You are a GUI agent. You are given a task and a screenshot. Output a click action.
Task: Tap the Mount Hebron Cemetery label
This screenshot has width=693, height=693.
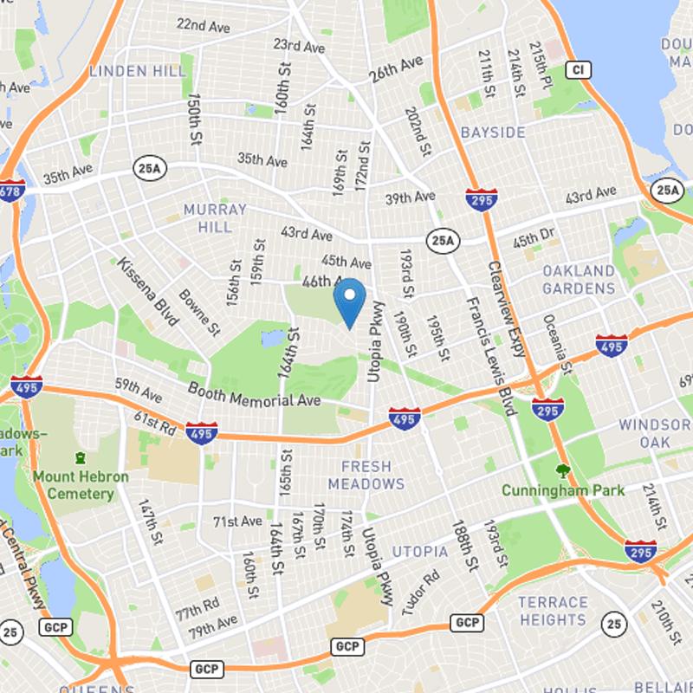click(x=81, y=485)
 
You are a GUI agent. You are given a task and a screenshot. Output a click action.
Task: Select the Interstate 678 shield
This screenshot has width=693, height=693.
click(x=10, y=190)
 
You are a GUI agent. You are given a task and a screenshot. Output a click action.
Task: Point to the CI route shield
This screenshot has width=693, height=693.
click(x=578, y=68)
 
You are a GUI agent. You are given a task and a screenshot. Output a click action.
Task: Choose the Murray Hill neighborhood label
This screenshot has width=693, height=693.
click(x=215, y=217)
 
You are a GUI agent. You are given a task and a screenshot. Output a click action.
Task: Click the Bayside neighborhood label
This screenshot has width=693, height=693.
click(x=493, y=133)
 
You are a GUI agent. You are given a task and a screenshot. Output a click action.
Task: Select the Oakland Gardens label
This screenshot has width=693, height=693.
click(x=579, y=280)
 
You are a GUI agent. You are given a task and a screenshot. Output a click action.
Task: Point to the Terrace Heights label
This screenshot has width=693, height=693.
click(x=553, y=611)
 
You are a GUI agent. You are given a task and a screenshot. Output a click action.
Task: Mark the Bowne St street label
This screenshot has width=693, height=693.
click(x=199, y=312)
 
